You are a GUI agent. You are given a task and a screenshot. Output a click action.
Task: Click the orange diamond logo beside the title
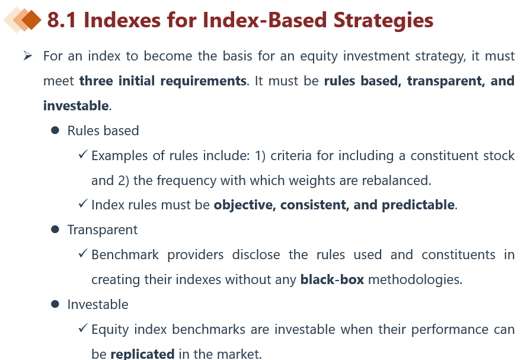(23, 20)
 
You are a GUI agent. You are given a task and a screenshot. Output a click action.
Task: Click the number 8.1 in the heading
(62, 20)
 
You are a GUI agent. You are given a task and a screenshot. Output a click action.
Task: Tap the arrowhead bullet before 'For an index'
(27, 56)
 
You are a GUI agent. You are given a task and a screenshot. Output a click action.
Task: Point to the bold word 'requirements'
(203, 81)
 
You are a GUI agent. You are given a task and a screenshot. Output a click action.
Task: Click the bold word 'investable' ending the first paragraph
(76, 106)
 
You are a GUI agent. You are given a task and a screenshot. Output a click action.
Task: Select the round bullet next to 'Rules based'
(55, 130)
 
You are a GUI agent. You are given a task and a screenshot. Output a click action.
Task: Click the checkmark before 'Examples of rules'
(82, 154)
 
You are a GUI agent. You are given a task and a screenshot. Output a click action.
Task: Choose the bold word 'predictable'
(418, 205)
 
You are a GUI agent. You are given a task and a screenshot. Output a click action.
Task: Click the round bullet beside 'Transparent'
(55, 230)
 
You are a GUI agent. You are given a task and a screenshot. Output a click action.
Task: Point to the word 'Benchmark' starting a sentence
(125, 255)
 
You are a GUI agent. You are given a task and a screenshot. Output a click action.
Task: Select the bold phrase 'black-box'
(332, 280)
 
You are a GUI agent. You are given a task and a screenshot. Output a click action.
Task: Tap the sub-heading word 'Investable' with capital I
(98, 304)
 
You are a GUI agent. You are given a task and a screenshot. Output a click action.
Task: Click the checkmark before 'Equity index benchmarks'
(82, 328)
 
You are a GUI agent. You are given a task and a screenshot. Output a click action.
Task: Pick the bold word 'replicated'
(142, 354)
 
